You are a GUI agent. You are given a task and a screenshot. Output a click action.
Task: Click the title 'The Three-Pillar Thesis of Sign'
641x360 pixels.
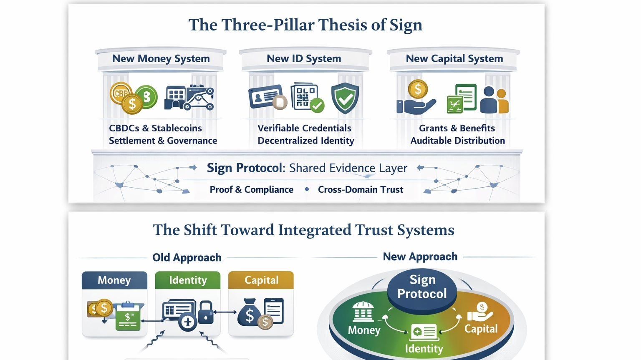click(305, 25)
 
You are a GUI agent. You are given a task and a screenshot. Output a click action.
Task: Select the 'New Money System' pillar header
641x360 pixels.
click(161, 59)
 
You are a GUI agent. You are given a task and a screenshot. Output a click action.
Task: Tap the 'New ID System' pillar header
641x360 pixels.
click(304, 59)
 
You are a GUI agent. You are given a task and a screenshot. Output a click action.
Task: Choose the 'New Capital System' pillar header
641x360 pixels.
click(454, 59)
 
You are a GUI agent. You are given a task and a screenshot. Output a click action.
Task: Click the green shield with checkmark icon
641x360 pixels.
click(345, 98)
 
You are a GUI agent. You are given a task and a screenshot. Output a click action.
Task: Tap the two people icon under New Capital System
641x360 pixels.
click(494, 100)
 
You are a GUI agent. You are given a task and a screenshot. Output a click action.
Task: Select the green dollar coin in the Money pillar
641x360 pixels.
click(146, 96)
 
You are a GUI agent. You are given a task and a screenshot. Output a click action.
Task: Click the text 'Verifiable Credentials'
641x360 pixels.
click(304, 128)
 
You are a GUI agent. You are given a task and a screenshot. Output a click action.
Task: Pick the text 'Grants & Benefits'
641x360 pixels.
click(457, 128)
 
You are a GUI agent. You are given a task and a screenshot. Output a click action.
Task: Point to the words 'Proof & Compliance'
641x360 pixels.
click(251, 189)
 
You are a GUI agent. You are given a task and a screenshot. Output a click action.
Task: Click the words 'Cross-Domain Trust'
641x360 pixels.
click(361, 189)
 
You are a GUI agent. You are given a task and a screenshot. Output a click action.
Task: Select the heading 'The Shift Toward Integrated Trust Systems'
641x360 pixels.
click(303, 230)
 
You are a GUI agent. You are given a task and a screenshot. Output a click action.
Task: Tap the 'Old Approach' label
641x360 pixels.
click(187, 257)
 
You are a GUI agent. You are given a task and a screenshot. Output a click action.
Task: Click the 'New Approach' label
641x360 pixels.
click(420, 257)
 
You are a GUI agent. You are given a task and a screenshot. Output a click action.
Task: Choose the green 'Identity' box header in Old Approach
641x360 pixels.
click(187, 280)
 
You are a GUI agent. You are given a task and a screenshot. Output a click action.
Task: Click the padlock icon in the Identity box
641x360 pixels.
click(205, 313)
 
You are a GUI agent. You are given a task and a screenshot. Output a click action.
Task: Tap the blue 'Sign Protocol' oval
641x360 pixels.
click(422, 287)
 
